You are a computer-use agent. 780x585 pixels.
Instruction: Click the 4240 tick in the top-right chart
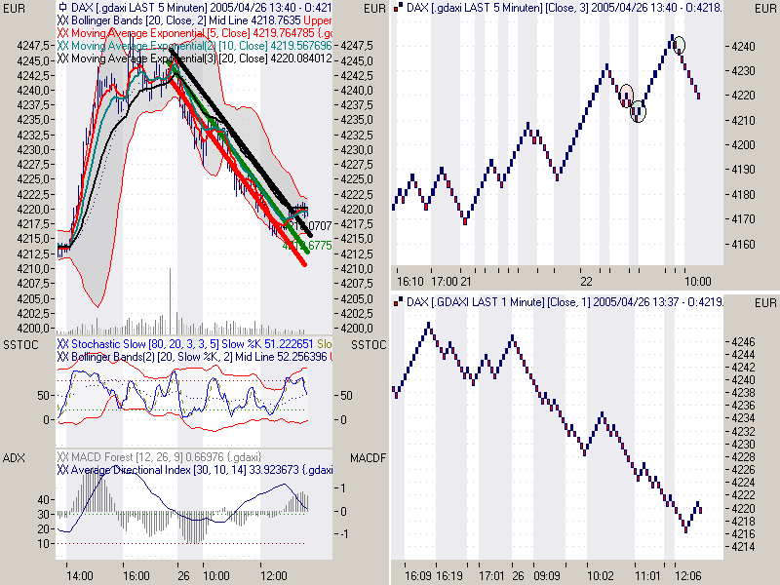[742, 46]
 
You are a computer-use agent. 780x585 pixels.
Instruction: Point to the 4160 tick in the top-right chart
[742, 245]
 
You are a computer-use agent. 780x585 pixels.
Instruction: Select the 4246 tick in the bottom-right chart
[742, 342]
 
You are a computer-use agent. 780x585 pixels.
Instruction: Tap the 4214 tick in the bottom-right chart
[742, 547]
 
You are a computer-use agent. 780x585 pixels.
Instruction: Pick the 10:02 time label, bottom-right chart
[601, 575]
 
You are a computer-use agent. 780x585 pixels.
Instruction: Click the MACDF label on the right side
[370, 457]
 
